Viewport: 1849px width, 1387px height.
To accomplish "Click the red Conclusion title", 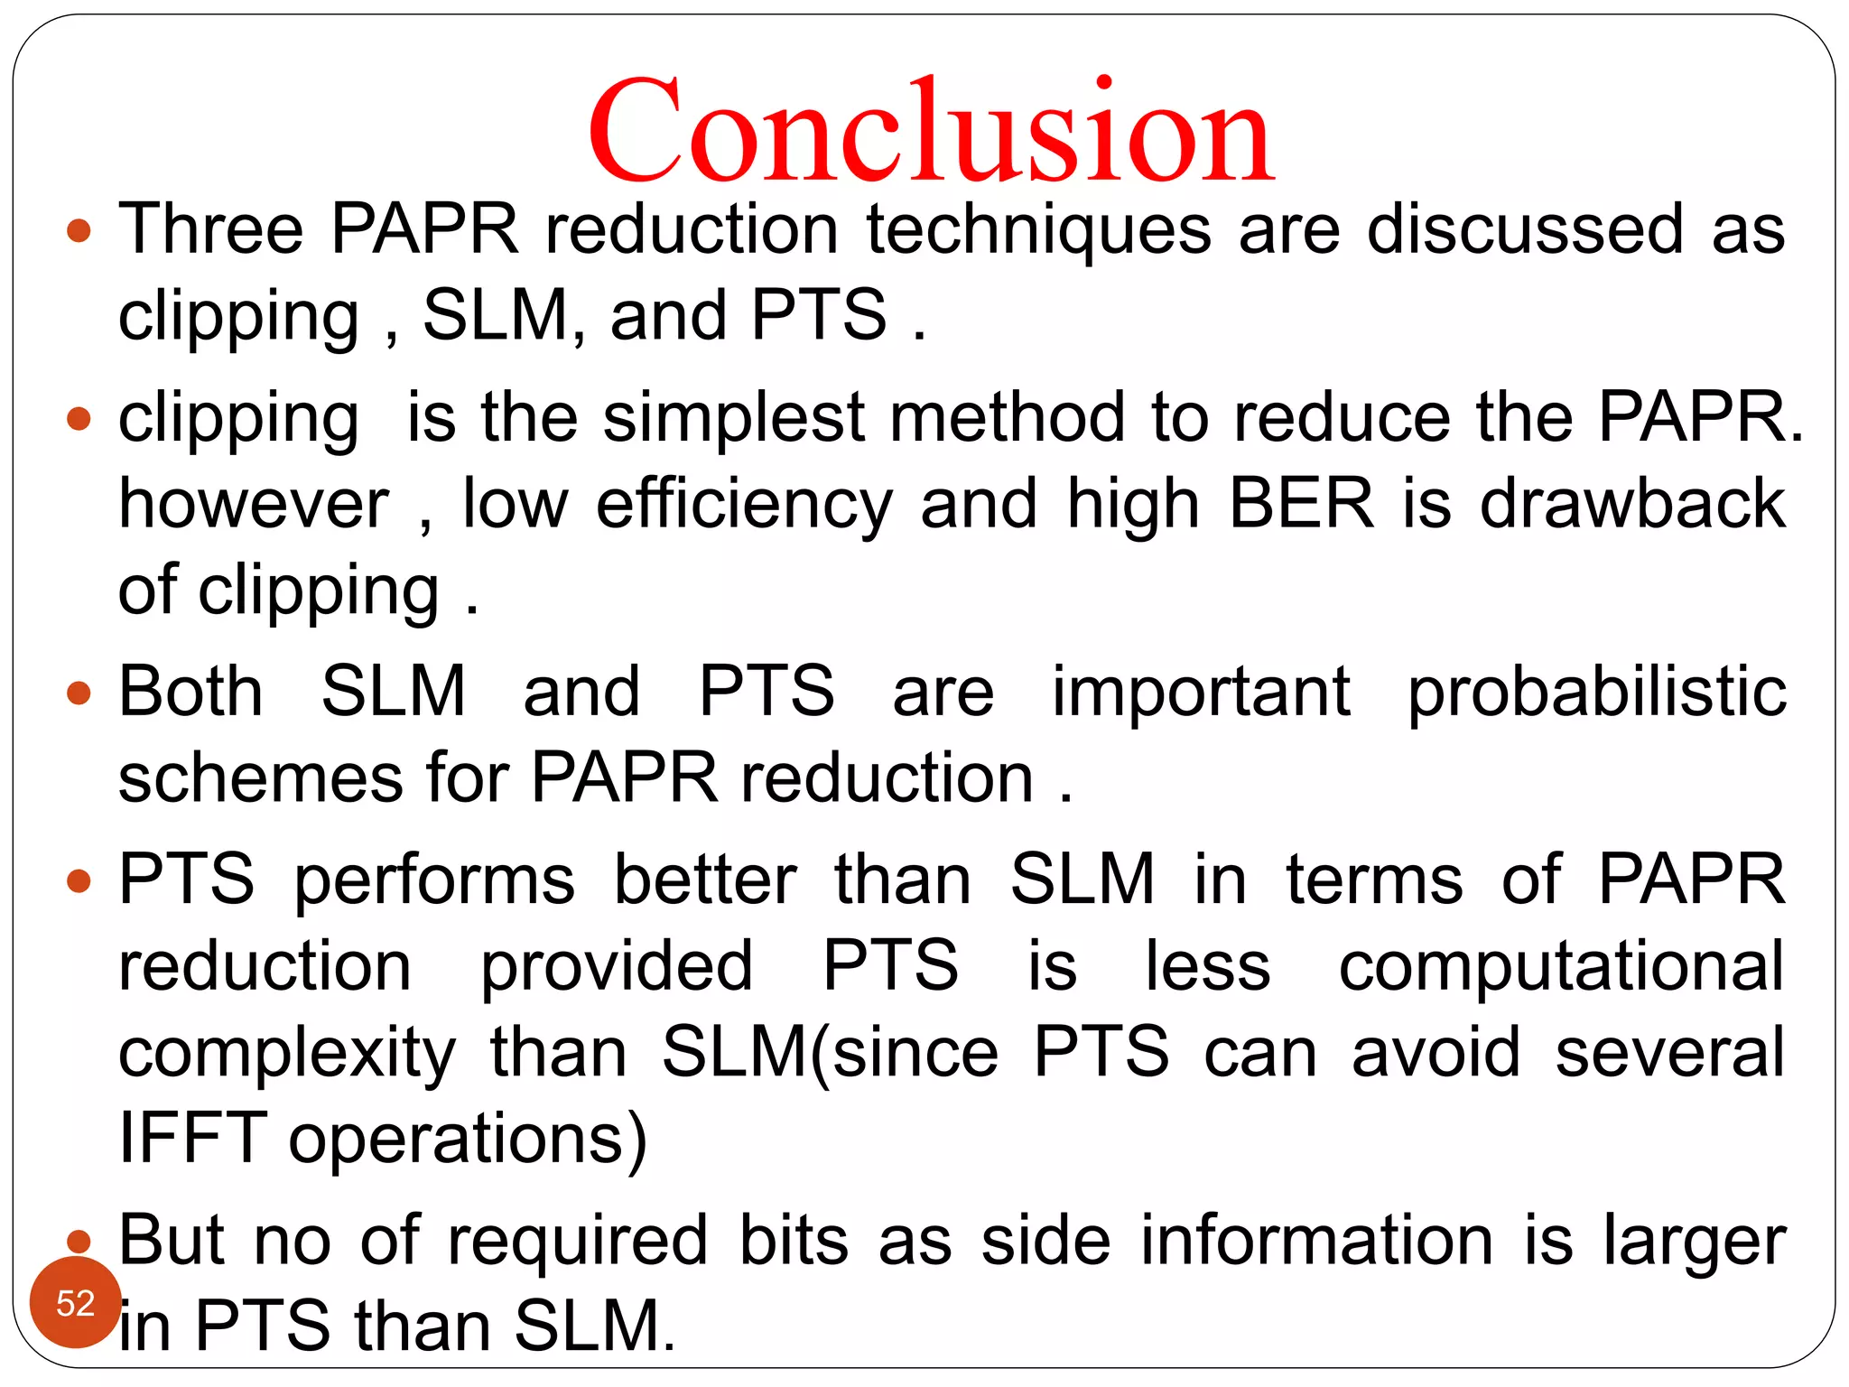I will (x=930, y=131).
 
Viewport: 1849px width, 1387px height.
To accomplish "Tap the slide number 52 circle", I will (x=75, y=1303).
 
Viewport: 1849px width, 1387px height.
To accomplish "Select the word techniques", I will (x=1038, y=230).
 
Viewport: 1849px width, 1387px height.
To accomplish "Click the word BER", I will (x=1301, y=503).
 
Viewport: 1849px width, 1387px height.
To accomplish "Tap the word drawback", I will (x=1631, y=503).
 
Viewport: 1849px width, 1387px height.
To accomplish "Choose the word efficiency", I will (x=744, y=505).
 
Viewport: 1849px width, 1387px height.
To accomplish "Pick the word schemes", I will (x=260, y=778).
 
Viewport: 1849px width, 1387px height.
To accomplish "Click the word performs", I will (x=434, y=880).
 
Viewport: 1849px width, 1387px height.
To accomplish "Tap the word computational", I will (x=1561, y=967).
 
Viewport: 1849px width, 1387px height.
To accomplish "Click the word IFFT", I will (x=191, y=1139).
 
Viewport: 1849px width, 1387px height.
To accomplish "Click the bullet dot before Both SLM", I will (x=79, y=693).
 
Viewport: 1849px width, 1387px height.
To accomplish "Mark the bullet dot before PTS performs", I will (x=79, y=880).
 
